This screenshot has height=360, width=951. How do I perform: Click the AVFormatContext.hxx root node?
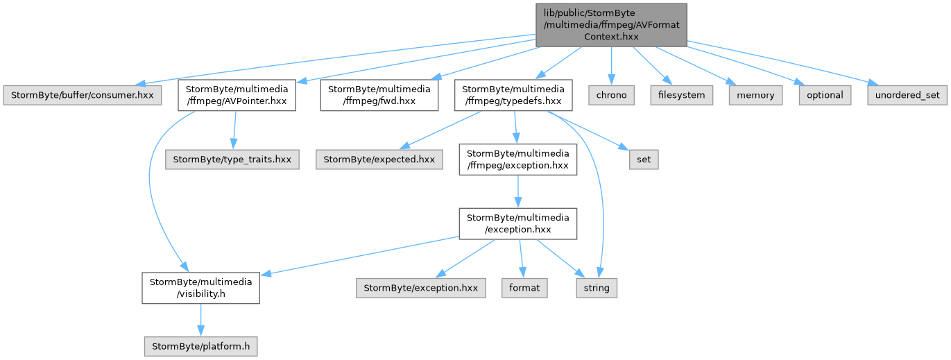pos(611,25)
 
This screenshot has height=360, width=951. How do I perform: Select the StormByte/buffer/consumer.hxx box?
pos(83,95)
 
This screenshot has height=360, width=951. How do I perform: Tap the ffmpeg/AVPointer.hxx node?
pos(237,95)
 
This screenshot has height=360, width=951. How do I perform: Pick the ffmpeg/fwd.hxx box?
pos(379,95)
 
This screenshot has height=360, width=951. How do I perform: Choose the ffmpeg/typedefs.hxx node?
pos(513,95)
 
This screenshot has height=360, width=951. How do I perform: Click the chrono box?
pos(611,95)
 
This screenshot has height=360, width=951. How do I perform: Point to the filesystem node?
pos(681,95)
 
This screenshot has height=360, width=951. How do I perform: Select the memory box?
pos(755,95)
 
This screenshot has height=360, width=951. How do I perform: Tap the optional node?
pos(825,95)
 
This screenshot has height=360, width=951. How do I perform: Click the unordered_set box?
pos(907,95)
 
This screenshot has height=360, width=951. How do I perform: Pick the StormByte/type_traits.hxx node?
pos(232,160)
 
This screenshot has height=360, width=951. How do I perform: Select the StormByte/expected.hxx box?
pos(379,160)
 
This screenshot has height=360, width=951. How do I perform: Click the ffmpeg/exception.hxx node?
pos(518,160)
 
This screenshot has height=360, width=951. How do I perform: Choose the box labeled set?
pos(644,160)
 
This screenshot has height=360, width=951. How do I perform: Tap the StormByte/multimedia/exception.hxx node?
pos(518,224)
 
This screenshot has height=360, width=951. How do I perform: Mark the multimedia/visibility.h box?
pos(201,288)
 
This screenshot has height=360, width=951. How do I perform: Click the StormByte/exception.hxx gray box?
pos(421,288)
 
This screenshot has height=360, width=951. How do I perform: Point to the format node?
pos(524,288)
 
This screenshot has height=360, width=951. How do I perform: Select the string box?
pos(597,288)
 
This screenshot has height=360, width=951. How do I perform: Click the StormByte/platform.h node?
pos(201,346)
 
